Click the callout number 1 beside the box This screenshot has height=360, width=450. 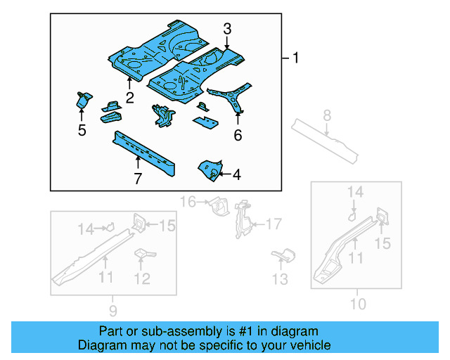point(295,58)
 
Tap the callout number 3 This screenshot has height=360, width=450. point(226,29)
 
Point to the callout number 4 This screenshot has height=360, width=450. point(236,174)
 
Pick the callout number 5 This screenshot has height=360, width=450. point(82,130)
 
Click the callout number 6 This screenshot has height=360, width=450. point(238,134)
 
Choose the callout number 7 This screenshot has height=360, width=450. point(138,179)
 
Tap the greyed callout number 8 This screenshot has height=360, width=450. point(326,115)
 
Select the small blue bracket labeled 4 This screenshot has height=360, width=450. point(210,169)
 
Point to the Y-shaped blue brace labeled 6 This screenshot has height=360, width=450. point(232,96)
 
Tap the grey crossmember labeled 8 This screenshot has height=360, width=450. point(327,141)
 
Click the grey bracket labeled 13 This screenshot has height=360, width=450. point(282,255)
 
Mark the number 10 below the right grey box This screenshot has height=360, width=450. point(358,304)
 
